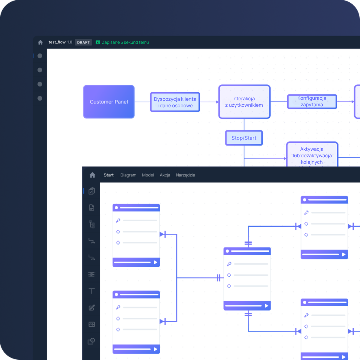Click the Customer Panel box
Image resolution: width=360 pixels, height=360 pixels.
pyautogui.click(x=109, y=102)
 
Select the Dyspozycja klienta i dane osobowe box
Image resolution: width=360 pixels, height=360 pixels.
pyautogui.click(x=175, y=102)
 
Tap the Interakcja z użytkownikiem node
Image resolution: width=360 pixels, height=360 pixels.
pyautogui.click(x=244, y=102)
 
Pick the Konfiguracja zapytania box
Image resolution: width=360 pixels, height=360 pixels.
pyautogui.click(x=312, y=101)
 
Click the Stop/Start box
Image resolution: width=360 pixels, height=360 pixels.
pyautogui.click(x=244, y=138)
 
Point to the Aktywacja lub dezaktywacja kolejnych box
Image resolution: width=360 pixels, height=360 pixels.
pyautogui.click(x=312, y=154)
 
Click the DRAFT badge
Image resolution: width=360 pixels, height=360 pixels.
pyautogui.click(x=83, y=42)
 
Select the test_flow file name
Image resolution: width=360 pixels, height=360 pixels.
pyautogui.click(x=57, y=42)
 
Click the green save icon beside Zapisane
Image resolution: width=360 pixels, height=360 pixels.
pyautogui.click(x=98, y=42)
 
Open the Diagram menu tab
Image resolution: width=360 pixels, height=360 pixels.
pyautogui.click(x=128, y=175)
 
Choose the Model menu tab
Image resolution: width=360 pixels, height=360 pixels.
pyautogui.click(x=148, y=175)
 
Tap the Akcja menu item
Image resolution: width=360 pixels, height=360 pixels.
pyautogui.click(x=165, y=175)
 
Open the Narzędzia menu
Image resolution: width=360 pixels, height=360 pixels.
pyautogui.click(x=185, y=175)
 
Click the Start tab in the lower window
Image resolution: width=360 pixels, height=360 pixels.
pyautogui.click(x=109, y=175)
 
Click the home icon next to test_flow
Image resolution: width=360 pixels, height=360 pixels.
pyautogui.click(x=40, y=42)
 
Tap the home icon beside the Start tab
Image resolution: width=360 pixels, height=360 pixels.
pyautogui.click(x=92, y=175)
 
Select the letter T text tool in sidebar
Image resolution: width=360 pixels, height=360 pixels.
pyautogui.click(x=92, y=291)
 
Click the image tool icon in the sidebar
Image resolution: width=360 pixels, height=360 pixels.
pyautogui.click(x=92, y=324)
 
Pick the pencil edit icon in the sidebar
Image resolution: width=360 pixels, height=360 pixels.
pyautogui.click(x=92, y=308)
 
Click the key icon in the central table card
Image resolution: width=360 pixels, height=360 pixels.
pyautogui.click(x=229, y=264)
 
